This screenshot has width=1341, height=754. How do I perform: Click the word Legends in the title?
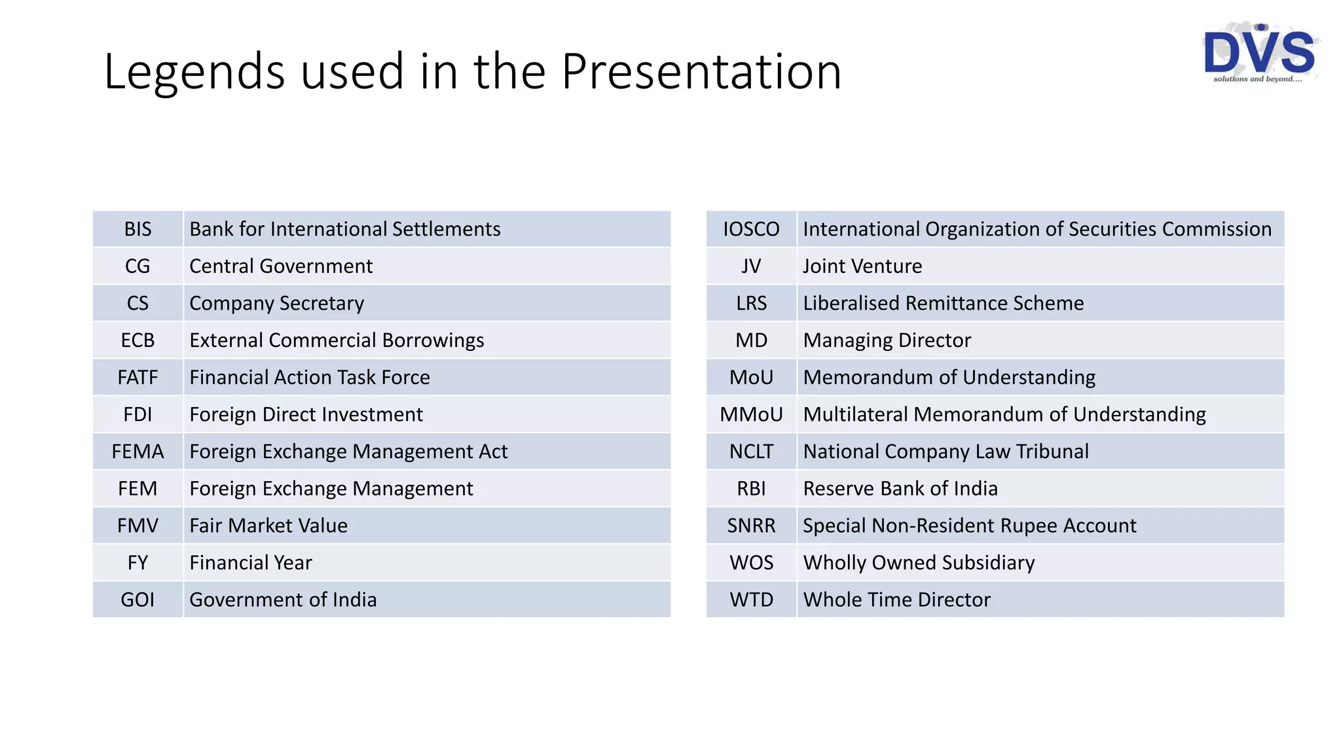pos(194,72)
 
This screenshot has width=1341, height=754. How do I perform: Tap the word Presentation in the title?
pos(701,72)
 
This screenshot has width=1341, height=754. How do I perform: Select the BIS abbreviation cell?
pos(138,229)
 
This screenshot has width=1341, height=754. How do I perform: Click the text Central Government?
pos(281,266)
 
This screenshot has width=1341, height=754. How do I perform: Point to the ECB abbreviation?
pos(138,340)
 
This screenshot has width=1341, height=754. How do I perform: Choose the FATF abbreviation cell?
pos(138,378)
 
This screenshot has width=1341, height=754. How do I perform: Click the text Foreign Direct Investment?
pos(306,414)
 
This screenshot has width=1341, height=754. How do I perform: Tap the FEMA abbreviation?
pos(138,452)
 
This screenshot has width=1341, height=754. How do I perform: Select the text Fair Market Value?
pos(268,526)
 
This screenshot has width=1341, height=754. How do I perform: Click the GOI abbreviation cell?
pos(138,600)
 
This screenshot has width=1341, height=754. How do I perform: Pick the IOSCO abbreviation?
pos(751,229)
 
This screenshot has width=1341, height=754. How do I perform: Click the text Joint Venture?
pos(862,266)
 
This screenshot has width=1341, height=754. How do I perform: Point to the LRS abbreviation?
pos(751,303)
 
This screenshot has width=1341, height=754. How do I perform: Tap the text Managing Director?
pos(887,340)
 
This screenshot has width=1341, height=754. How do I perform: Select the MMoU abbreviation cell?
pos(751,414)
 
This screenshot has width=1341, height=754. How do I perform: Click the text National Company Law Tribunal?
pos(946,452)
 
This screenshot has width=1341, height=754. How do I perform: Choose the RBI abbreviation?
pos(751,489)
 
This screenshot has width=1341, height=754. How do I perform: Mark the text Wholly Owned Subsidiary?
pos(919,563)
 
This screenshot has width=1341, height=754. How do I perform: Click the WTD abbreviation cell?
pos(751,600)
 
